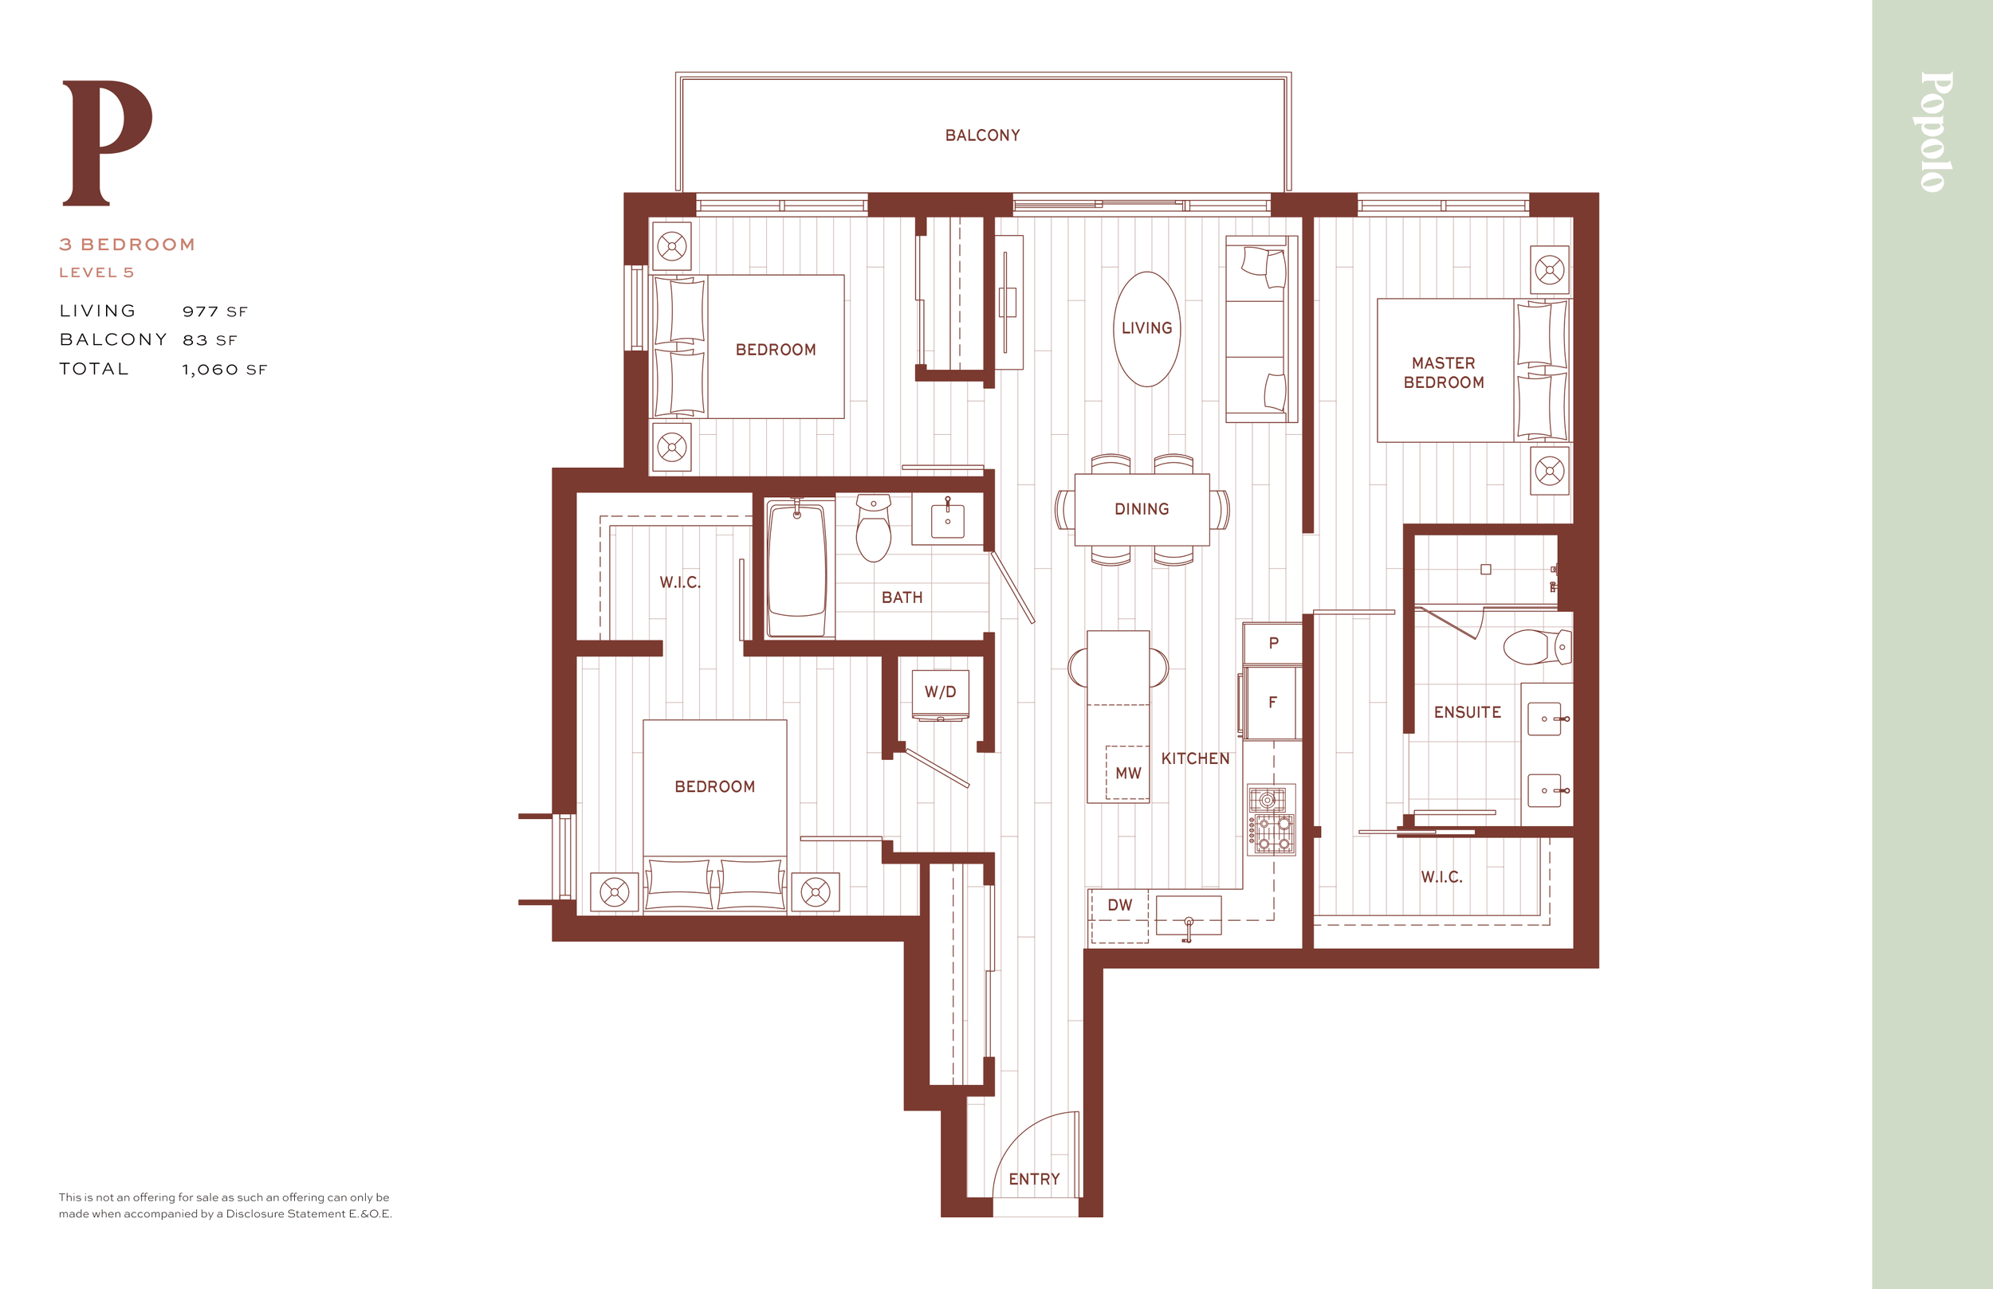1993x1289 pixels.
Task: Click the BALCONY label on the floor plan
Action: pos(982,135)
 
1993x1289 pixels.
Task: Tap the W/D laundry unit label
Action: pos(940,692)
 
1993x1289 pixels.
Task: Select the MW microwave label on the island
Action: pos(1128,774)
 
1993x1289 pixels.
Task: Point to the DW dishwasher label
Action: pos(1119,905)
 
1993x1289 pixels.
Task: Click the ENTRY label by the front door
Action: pos(1034,1179)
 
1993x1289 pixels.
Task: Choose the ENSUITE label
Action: pos(1467,712)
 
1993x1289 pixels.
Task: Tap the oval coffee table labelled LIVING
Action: pos(1147,329)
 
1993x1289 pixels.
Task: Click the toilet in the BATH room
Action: pos(874,528)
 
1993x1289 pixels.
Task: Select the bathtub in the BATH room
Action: pos(797,567)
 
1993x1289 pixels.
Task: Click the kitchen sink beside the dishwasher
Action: pos(1189,915)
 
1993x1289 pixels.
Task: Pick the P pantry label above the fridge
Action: pos(1274,644)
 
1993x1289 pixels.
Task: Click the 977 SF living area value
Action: pos(215,312)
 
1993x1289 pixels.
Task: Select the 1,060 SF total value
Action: pos(225,370)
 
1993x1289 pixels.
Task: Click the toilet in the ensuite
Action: pos(1538,647)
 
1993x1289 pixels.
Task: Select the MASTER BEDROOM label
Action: pos(1444,374)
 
